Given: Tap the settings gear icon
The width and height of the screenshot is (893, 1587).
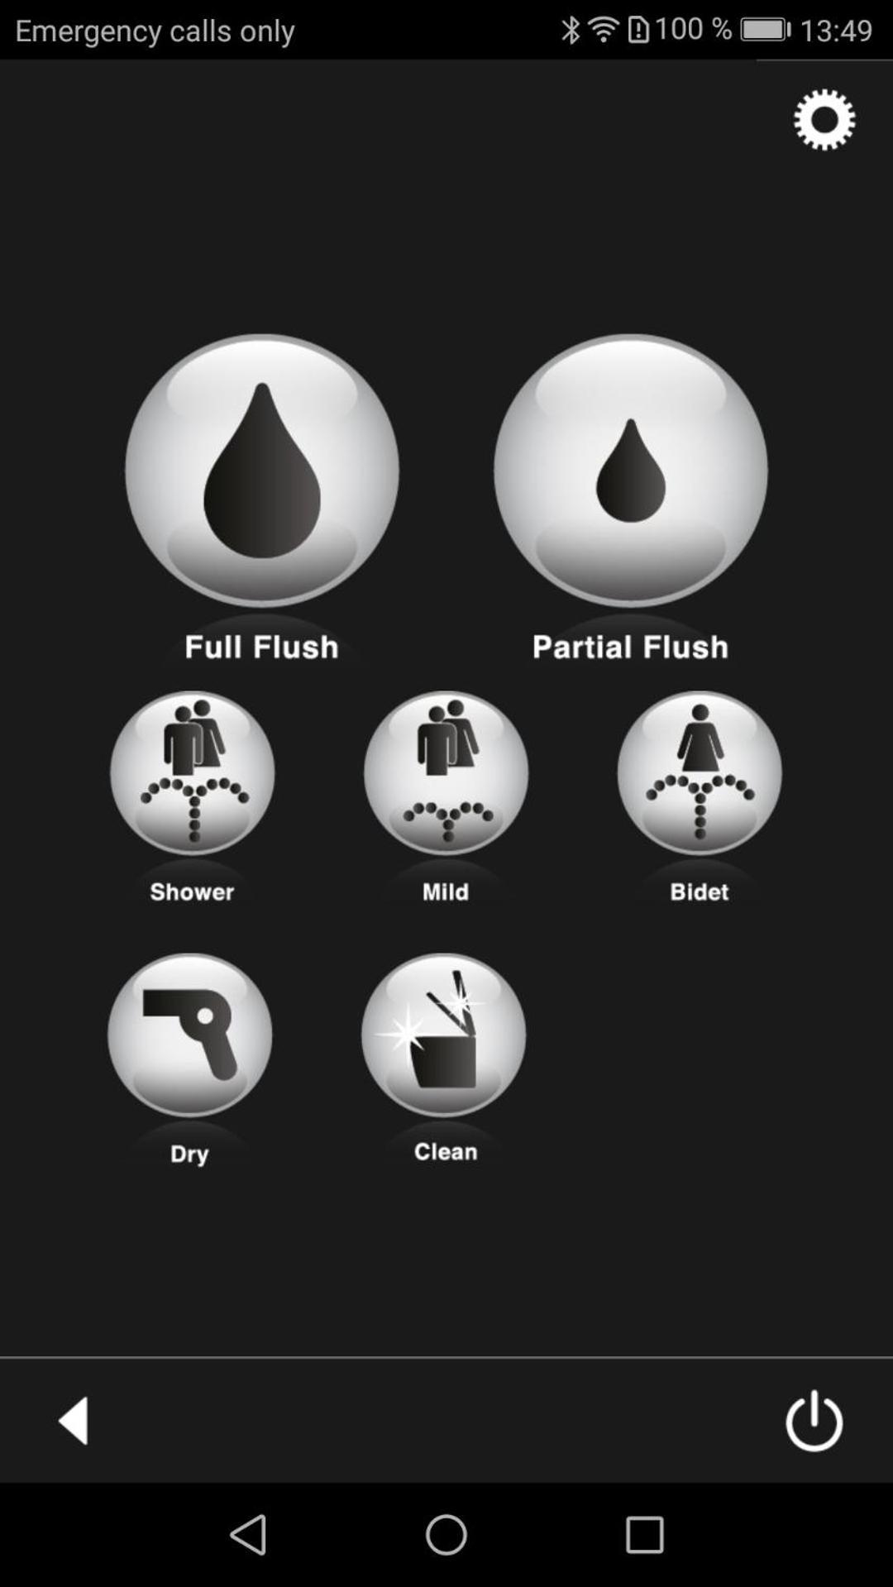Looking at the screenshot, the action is [x=824, y=120].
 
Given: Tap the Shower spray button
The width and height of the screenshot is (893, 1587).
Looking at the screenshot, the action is [x=193, y=772].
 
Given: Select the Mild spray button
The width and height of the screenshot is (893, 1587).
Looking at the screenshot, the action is [x=446, y=772].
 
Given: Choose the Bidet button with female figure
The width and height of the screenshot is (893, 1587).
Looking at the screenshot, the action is [x=700, y=772].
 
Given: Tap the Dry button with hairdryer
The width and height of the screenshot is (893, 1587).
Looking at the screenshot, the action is [x=190, y=1035].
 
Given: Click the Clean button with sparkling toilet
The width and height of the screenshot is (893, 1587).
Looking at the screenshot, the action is [x=443, y=1035].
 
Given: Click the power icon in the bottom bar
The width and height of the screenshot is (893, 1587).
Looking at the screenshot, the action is [x=814, y=1420].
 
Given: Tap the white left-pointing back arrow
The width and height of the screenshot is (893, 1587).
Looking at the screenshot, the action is [x=74, y=1420].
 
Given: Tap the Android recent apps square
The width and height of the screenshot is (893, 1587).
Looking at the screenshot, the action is [x=644, y=1535].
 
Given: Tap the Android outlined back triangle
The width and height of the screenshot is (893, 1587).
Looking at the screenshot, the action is [x=248, y=1535].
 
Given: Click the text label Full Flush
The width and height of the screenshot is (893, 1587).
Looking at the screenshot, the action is [x=261, y=647].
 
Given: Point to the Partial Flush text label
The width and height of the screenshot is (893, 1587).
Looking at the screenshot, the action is [x=630, y=647].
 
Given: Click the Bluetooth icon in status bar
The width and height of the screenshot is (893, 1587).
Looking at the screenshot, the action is [x=571, y=31].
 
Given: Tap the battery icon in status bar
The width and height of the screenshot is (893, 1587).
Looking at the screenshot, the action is [x=766, y=31].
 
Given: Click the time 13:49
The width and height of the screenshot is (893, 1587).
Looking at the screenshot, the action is [x=836, y=31].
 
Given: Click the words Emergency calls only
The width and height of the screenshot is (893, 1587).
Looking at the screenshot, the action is [x=155, y=31].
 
